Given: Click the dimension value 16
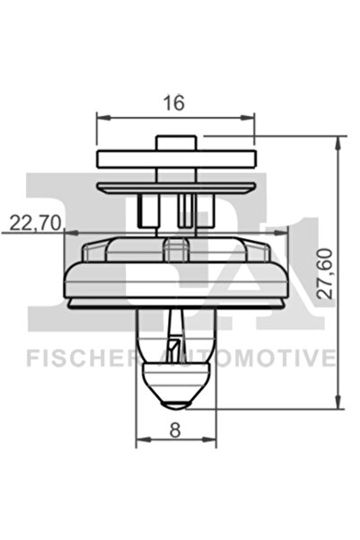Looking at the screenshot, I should [174, 102].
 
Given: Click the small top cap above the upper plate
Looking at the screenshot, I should [176, 142].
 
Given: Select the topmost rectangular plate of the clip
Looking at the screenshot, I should [176, 160].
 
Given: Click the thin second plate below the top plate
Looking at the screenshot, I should [176, 187].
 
